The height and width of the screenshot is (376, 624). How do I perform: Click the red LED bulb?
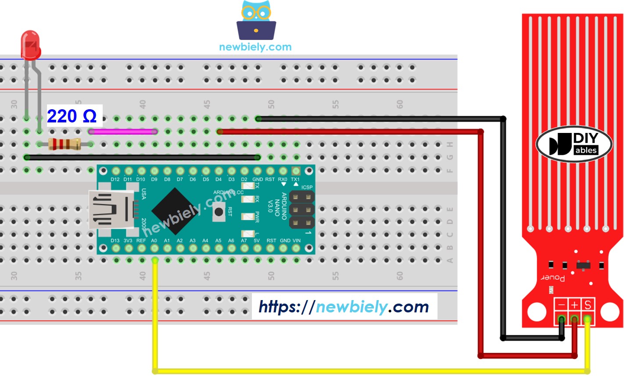click(31, 44)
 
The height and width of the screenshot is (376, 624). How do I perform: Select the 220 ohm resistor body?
click(65, 144)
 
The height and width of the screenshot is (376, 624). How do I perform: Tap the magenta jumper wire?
click(123, 131)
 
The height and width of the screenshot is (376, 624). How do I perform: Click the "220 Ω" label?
click(72, 116)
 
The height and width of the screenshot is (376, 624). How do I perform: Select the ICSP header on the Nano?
click(302, 210)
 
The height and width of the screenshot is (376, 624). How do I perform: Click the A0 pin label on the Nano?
click(154, 240)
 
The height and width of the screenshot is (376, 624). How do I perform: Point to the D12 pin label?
click(115, 179)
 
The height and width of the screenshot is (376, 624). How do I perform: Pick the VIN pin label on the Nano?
click(297, 240)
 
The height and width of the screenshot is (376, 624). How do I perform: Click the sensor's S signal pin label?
click(588, 304)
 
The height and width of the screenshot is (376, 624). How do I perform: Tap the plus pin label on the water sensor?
click(574, 304)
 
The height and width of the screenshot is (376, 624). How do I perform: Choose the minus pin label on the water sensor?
click(561, 304)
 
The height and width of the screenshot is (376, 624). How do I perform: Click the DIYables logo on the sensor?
click(574, 144)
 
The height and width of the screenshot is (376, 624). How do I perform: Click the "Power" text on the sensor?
click(553, 278)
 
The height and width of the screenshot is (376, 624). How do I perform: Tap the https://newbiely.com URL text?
click(344, 307)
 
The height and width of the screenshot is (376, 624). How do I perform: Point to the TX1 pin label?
click(295, 179)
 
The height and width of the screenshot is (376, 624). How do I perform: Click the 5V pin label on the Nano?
click(257, 240)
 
